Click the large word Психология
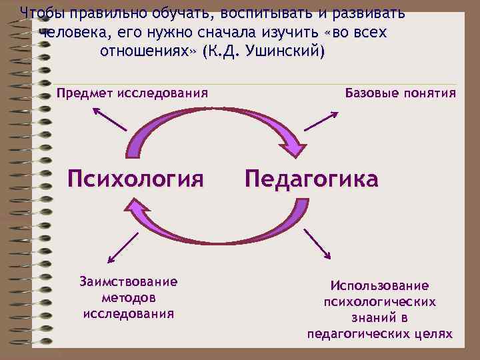(x=135, y=178)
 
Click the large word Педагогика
(x=311, y=178)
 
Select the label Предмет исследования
(x=132, y=93)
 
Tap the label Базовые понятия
(x=401, y=93)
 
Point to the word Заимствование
(x=128, y=281)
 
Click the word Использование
(x=379, y=286)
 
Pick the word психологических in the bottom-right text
(x=379, y=302)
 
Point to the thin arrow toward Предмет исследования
(x=109, y=119)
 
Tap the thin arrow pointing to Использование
(x=317, y=243)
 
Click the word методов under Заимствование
(x=129, y=297)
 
